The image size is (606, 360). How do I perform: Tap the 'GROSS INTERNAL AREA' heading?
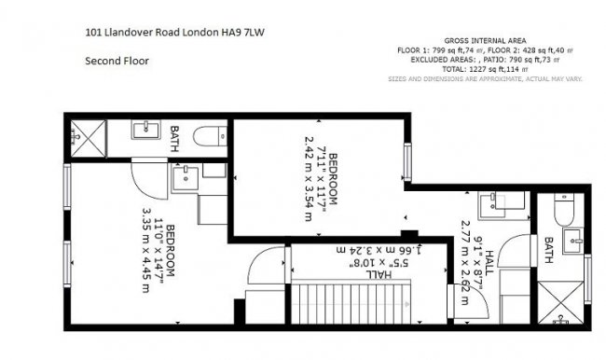[x=485, y=41]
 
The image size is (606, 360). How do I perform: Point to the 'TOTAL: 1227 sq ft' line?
[x=485, y=69]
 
